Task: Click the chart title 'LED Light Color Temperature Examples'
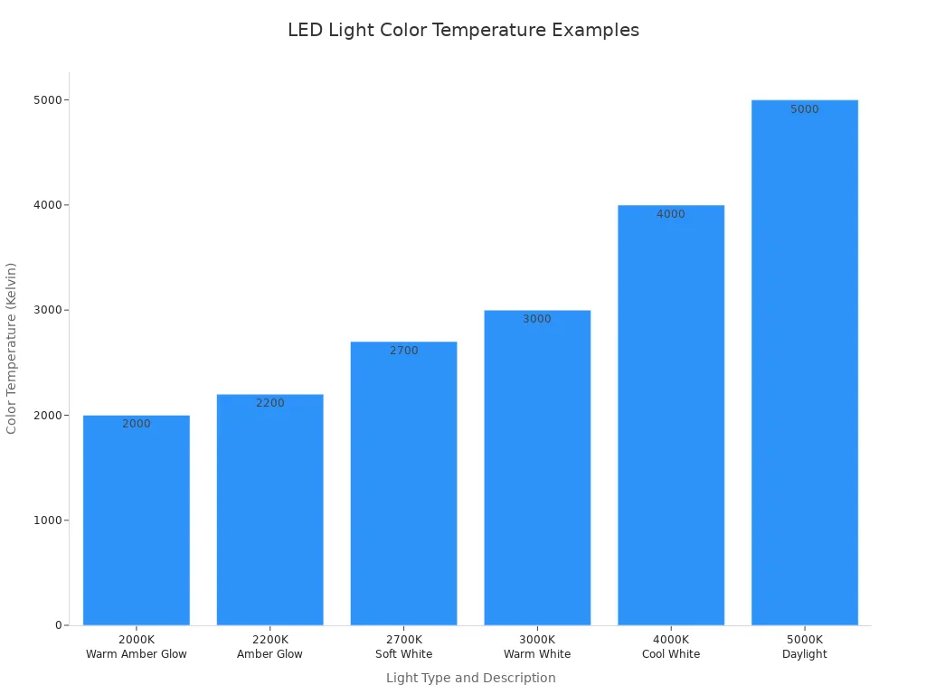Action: point(463,30)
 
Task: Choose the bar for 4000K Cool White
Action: point(671,416)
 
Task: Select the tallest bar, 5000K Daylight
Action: point(804,362)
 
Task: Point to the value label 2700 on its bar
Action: point(404,351)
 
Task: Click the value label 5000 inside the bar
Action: point(804,109)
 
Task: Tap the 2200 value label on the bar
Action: point(269,403)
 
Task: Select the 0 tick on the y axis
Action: point(57,625)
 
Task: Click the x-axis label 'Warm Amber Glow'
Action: point(137,654)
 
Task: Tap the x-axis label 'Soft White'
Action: point(403,654)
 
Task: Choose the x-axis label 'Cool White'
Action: point(671,654)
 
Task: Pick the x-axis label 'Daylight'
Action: point(804,654)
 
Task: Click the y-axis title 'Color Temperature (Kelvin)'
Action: point(12,348)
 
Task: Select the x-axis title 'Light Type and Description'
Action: point(470,678)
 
